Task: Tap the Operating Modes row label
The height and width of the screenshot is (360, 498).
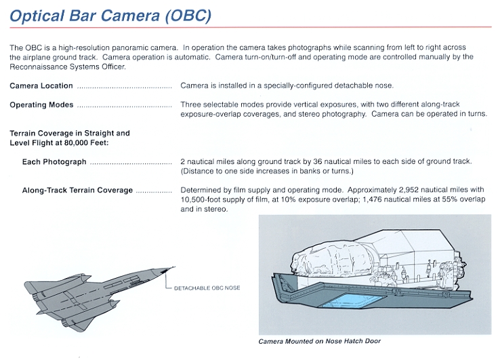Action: coord(42,105)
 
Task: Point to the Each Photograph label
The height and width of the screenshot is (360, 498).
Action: coord(54,162)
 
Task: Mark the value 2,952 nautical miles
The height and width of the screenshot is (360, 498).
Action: coord(379,191)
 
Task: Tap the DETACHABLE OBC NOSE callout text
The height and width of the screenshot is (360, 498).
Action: coord(207,287)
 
